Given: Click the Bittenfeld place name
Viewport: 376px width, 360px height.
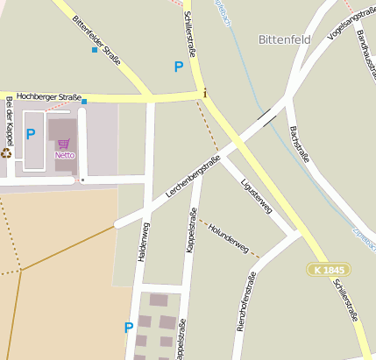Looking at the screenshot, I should pyautogui.click(x=286, y=39).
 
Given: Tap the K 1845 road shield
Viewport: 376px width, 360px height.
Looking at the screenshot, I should pyautogui.click(x=329, y=270).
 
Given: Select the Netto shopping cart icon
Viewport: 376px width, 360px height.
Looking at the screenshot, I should pyautogui.click(x=63, y=144).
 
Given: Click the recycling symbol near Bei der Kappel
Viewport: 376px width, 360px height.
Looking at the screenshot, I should pyautogui.click(x=7, y=152).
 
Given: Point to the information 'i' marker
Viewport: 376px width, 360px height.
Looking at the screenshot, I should pyautogui.click(x=204, y=93).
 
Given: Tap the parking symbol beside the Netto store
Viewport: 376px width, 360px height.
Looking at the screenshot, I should pyautogui.click(x=31, y=134).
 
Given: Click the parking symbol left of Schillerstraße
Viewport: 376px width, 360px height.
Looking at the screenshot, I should pyautogui.click(x=179, y=66).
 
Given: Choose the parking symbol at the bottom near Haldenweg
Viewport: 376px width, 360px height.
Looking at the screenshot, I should pyautogui.click(x=129, y=328).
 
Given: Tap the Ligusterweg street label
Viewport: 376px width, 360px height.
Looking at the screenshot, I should pyautogui.click(x=256, y=195).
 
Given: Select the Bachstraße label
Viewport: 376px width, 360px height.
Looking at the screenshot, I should pyautogui.click(x=301, y=144).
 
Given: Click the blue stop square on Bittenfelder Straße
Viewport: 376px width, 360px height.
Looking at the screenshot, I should pyautogui.click(x=95, y=50).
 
